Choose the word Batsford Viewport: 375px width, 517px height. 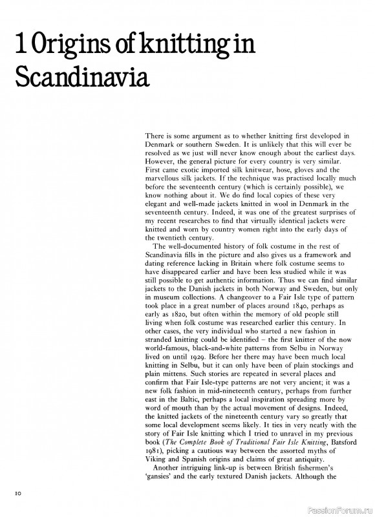tap(330, 438)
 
